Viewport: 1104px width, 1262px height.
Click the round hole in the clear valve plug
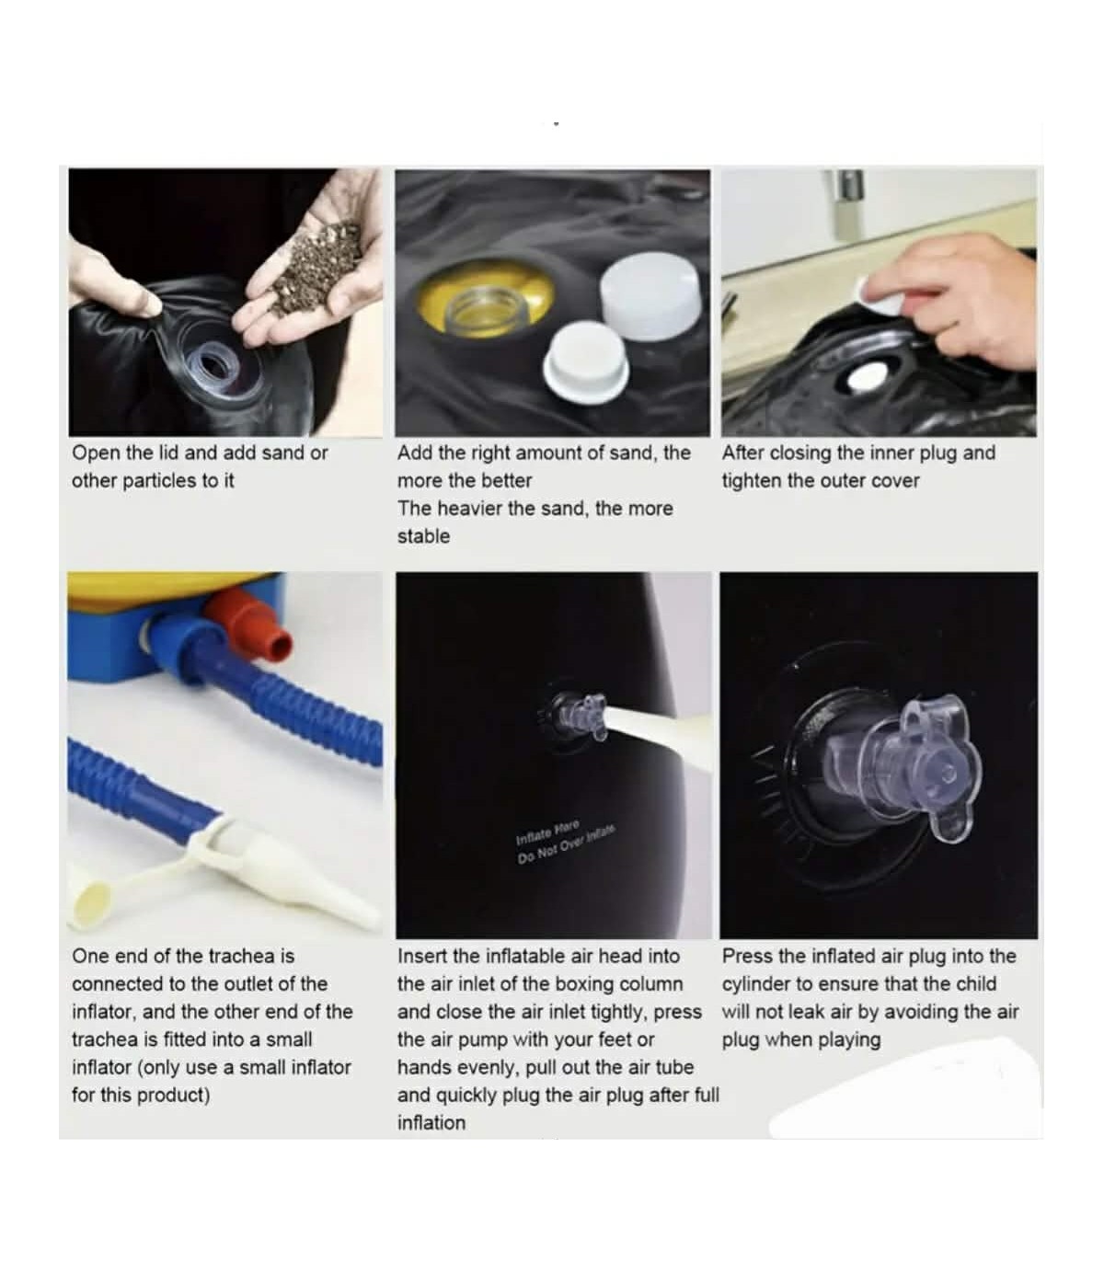[x=948, y=773]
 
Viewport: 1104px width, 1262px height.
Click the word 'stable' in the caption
[x=424, y=536]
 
